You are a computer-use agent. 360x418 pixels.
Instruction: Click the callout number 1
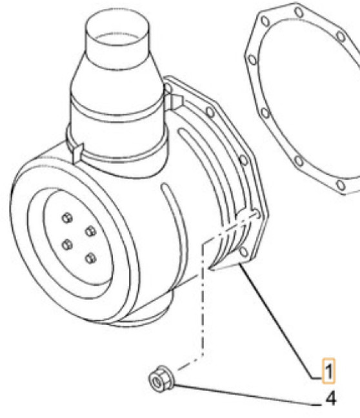point(329,372)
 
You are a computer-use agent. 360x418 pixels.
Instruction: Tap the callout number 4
point(330,400)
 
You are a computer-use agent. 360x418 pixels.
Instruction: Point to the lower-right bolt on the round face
point(89,258)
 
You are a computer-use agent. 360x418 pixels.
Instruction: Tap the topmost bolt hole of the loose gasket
point(299,12)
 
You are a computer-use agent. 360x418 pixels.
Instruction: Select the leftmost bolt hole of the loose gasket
point(253,59)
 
